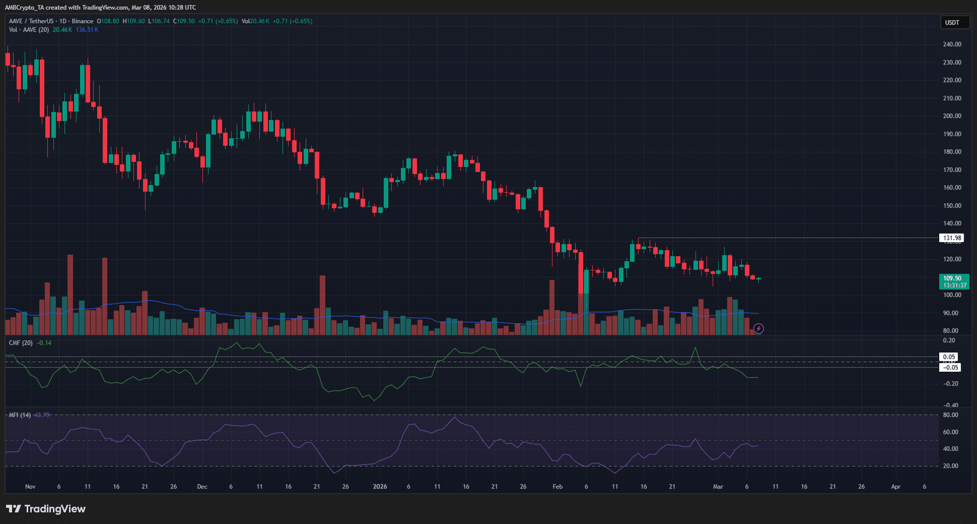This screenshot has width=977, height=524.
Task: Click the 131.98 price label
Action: click(x=952, y=238)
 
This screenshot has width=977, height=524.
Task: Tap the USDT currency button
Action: click(x=952, y=23)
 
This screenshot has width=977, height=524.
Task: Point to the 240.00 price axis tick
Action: click(x=952, y=45)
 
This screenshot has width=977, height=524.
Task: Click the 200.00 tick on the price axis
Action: click(x=952, y=116)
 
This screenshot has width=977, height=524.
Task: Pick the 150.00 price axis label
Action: click(x=952, y=205)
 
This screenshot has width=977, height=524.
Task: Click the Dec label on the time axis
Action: click(x=202, y=487)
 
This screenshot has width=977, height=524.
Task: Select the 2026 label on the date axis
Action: click(x=380, y=487)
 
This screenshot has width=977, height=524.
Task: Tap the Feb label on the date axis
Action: click(x=558, y=487)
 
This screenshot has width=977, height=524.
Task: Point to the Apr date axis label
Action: click(x=896, y=487)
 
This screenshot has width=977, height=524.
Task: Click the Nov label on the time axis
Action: click(x=31, y=487)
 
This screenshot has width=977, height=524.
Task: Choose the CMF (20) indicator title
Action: click(x=21, y=343)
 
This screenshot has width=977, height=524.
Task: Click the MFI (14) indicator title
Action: click(x=20, y=415)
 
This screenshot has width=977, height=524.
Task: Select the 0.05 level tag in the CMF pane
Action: click(x=949, y=357)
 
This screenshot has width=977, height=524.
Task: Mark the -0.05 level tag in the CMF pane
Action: click(x=950, y=367)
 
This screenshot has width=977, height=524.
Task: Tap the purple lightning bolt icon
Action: click(x=758, y=329)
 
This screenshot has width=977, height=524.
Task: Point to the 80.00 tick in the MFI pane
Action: click(x=950, y=415)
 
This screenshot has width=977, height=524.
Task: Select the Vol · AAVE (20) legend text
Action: click(x=29, y=30)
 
